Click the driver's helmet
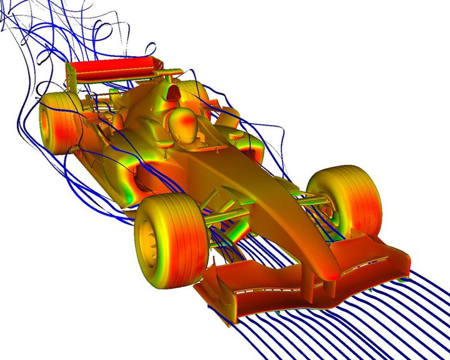185,123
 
